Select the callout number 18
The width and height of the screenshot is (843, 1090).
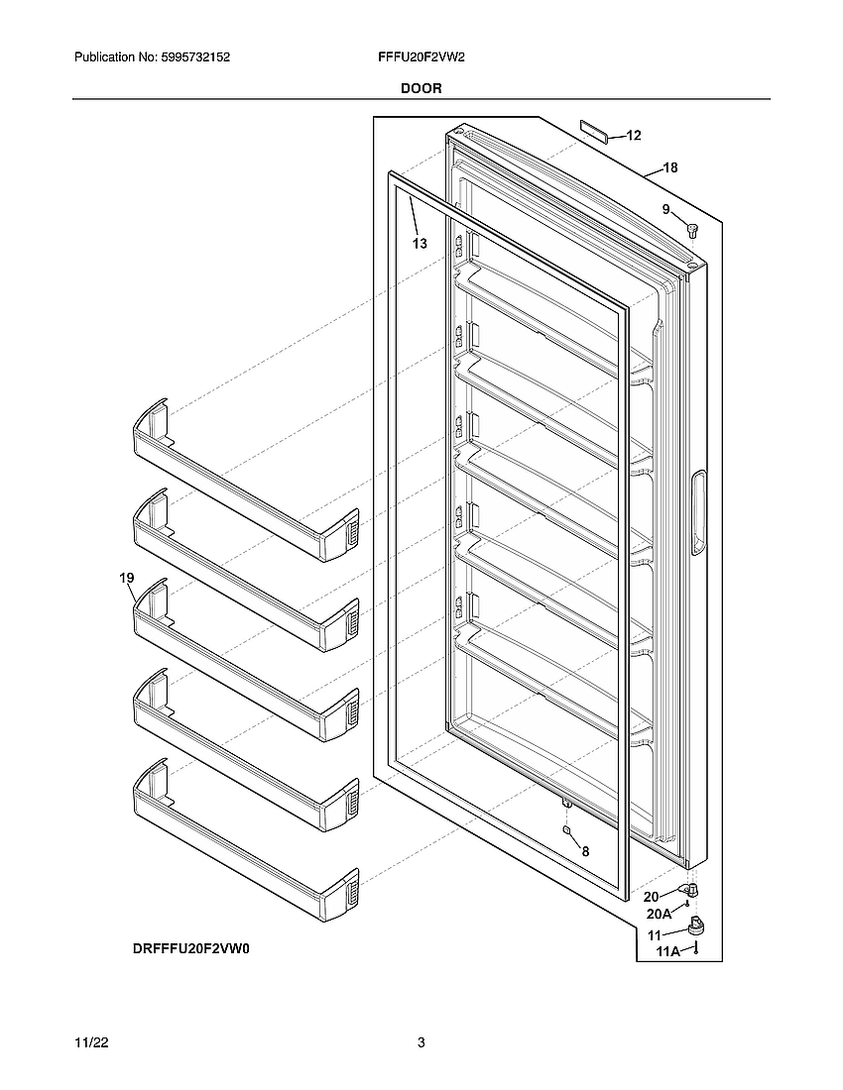(x=670, y=168)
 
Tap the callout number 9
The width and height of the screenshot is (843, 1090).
(x=666, y=209)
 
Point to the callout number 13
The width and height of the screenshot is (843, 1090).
(x=420, y=244)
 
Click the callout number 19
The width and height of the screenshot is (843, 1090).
(x=126, y=578)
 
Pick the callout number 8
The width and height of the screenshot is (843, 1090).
(x=585, y=851)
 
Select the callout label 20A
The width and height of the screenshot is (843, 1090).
(x=660, y=914)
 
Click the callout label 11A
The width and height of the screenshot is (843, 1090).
(x=668, y=951)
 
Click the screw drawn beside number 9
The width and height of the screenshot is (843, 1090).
(x=692, y=231)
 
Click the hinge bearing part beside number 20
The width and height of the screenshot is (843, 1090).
(x=690, y=892)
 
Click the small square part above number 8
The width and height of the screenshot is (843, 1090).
(x=566, y=830)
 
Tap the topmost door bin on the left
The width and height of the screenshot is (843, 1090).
(x=244, y=481)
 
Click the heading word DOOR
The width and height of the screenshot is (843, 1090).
(x=421, y=88)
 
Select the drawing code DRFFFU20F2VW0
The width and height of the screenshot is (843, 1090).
(x=191, y=948)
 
